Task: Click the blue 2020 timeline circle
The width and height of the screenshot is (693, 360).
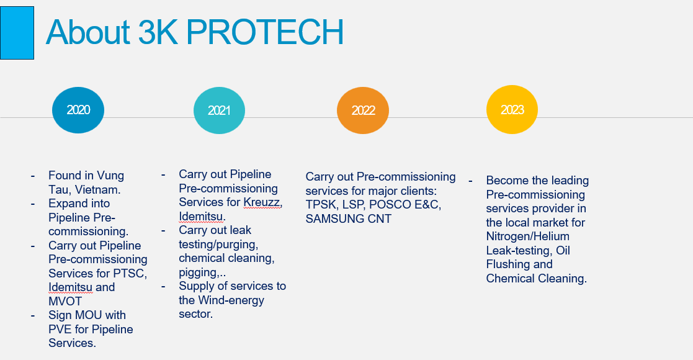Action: (x=78, y=110)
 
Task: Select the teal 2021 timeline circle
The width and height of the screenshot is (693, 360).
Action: (x=219, y=110)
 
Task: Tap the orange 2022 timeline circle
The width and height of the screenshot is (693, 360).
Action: (x=363, y=110)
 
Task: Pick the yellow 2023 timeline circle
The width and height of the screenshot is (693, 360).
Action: (x=512, y=110)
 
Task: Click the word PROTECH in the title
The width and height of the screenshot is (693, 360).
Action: (x=265, y=32)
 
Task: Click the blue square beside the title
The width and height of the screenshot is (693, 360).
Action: (x=17, y=33)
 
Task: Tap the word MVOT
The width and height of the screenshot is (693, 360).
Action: (x=65, y=301)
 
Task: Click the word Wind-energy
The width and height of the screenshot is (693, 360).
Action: (x=231, y=300)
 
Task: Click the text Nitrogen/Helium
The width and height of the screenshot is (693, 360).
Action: (x=528, y=236)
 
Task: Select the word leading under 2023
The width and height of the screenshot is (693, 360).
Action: (x=570, y=181)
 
